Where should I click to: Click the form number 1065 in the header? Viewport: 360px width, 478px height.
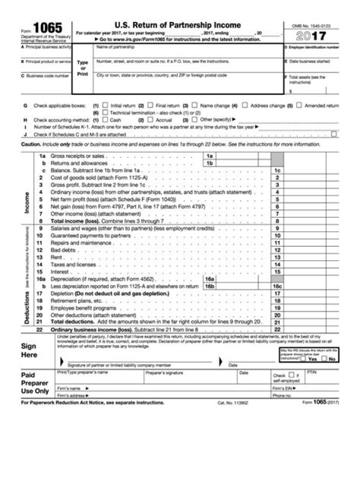tap(48, 28)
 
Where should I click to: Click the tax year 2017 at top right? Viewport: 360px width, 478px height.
tap(310, 36)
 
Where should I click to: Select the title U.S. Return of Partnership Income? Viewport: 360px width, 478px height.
tap(177, 25)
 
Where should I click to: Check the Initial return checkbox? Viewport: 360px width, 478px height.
tap(104, 105)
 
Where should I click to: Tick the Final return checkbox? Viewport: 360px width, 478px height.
tap(149, 105)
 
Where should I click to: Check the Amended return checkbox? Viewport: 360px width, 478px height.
tap(299, 105)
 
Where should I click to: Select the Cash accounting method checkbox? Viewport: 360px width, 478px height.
tap(104, 120)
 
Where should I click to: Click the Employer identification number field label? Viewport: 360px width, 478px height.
tap(311, 47)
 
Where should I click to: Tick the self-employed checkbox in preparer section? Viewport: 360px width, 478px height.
tap(291, 375)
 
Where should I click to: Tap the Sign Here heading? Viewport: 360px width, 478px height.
tap(29, 351)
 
